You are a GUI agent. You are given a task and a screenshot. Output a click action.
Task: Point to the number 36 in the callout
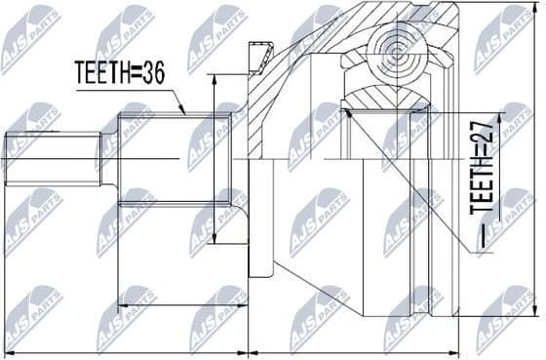click(x=153, y=72)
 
